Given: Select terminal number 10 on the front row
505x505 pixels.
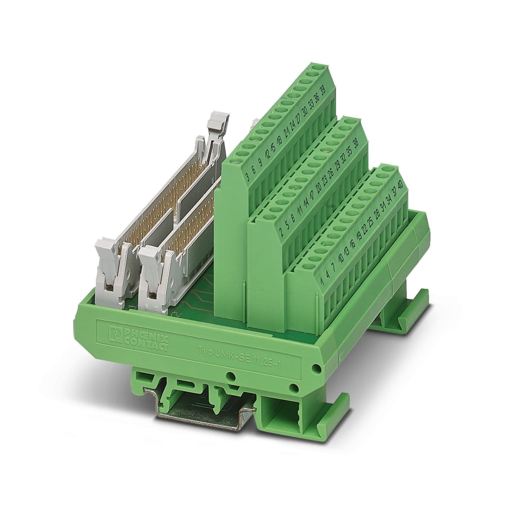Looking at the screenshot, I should (340, 259).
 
